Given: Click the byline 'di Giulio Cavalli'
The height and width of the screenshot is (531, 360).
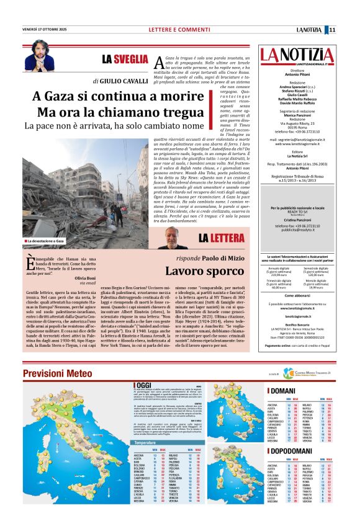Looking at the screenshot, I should (x=120, y=81).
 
